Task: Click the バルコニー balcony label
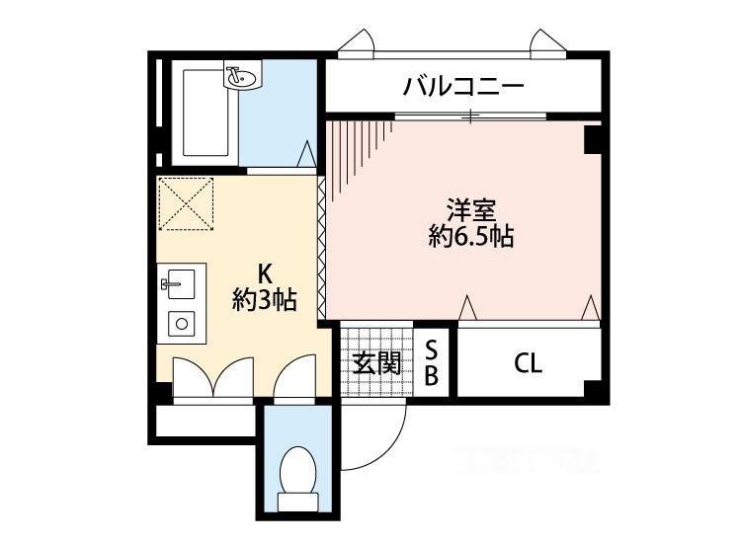point(463,87)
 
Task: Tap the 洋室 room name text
point(471,211)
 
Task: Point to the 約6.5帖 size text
point(471,236)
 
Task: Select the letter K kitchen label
point(265,273)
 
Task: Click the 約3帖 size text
point(265,299)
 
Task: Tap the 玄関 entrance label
point(377,363)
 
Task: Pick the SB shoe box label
point(431,363)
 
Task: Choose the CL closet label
point(528,363)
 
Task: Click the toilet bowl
point(297,468)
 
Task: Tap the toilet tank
point(297,502)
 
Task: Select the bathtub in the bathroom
point(206,114)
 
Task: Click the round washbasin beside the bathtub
point(241,77)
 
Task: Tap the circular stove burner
point(182,324)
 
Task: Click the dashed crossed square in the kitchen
point(186,203)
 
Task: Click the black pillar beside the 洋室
point(593,140)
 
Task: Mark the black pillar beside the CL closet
point(592,388)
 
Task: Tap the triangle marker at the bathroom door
point(306,153)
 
